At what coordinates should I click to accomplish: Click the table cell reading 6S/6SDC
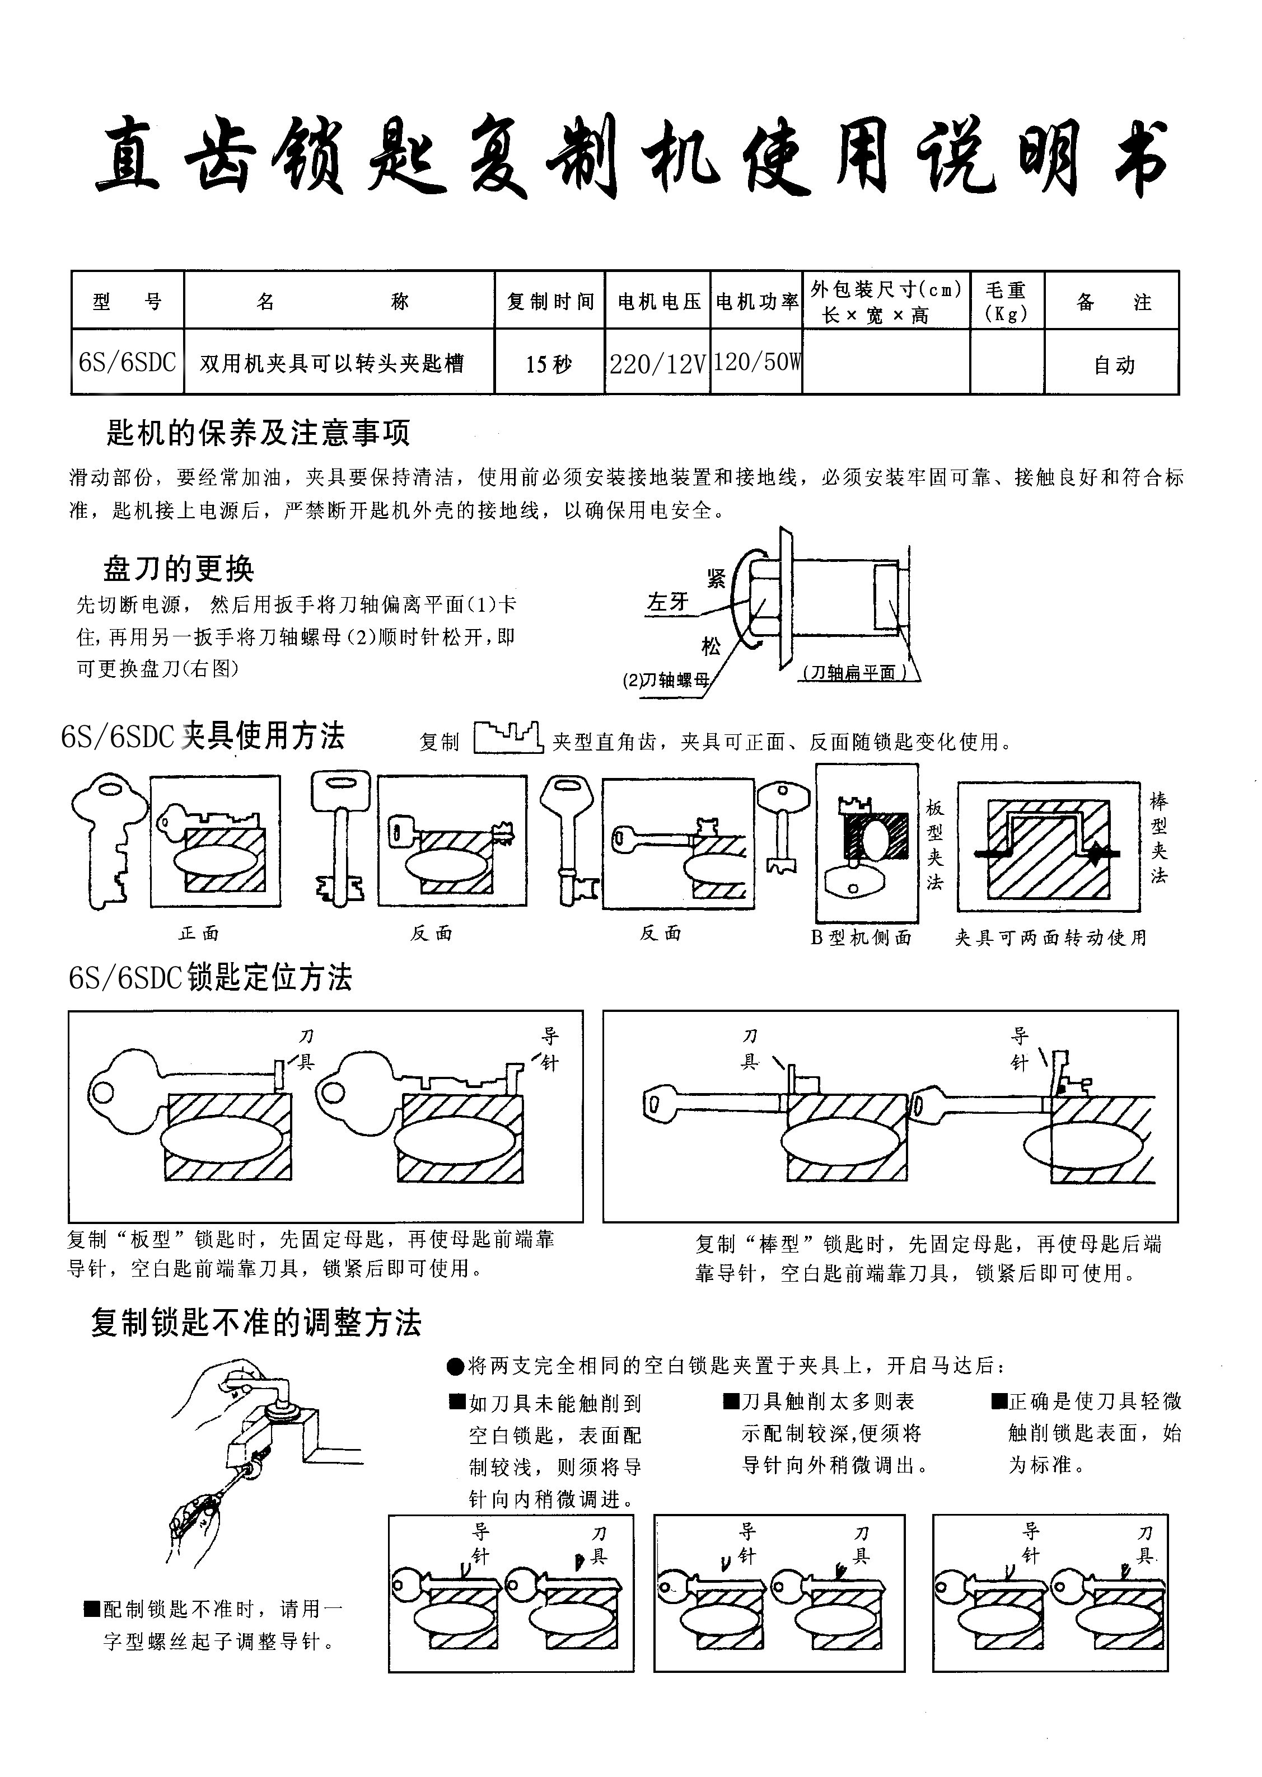click(128, 362)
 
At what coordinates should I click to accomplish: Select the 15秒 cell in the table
click(549, 363)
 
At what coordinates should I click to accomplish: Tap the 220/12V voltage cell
click(657, 363)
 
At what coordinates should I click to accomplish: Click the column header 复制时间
click(550, 301)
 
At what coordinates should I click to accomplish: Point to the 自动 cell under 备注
click(1114, 364)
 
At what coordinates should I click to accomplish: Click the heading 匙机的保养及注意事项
click(258, 433)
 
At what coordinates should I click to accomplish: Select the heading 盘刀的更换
click(179, 569)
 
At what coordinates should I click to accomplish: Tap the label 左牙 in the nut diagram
click(667, 602)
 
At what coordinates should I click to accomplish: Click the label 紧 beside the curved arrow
click(716, 578)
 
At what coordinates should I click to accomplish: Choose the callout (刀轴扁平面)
click(854, 673)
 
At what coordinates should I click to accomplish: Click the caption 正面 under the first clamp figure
click(199, 933)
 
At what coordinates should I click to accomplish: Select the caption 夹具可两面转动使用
click(1050, 937)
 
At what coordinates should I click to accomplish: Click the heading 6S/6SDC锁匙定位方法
click(211, 977)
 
